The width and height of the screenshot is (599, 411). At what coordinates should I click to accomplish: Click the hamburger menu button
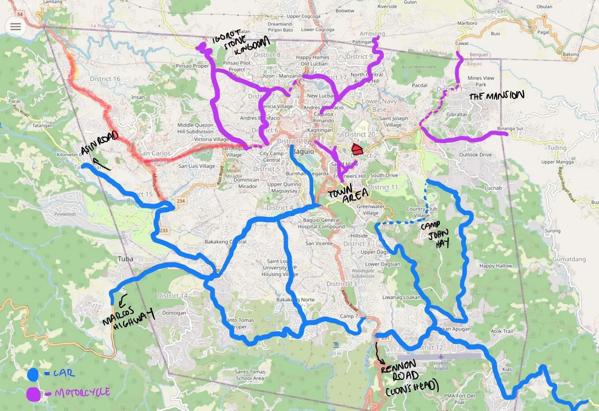tap(15, 27)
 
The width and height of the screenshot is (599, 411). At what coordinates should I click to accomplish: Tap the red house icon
tap(357, 149)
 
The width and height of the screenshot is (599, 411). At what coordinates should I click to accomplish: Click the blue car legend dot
tap(33, 374)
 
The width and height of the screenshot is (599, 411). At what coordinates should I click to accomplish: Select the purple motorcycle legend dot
tap(33, 394)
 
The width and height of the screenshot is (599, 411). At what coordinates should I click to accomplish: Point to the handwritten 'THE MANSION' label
tap(496, 96)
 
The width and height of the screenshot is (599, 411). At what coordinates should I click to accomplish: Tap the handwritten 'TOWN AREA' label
tap(347, 193)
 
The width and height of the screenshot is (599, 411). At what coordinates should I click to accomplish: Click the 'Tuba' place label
tap(125, 259)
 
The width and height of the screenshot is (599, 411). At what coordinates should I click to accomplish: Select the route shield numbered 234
tap(181, 201)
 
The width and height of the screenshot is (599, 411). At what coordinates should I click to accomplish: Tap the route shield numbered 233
tap(164, 230)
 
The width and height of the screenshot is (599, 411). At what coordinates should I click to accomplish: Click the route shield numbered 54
tap(20, 14)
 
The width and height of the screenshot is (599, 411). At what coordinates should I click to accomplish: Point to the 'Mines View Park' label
tap(481, 81)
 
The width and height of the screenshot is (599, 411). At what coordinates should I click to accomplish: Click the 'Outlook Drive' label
tap(475, 155)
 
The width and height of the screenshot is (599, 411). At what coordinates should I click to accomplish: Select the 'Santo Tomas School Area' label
tap(250, 375)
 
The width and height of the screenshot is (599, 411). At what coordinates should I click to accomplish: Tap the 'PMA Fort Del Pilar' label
tap(459, 399)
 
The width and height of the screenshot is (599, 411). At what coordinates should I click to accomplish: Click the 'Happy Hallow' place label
tap(496, 266)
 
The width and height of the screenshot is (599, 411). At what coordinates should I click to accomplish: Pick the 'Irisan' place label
tap(138, 97)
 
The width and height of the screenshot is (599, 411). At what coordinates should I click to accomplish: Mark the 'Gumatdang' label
tap(569, 259)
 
